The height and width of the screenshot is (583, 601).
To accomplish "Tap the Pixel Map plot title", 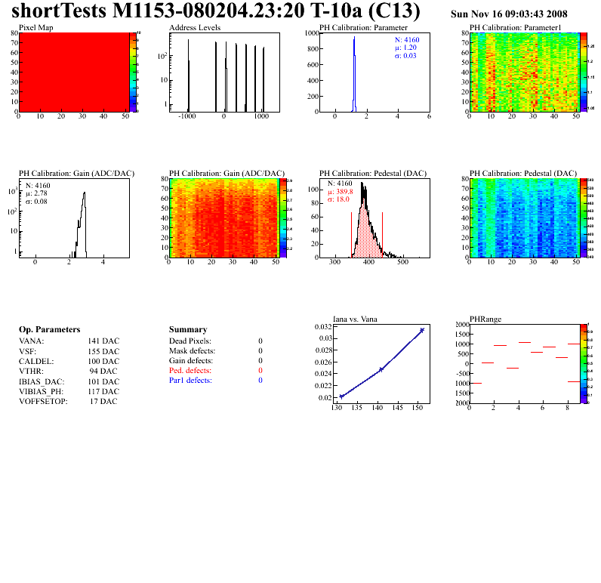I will (x=35, y=27).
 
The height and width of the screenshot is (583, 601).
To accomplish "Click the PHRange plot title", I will (x=485, y=319).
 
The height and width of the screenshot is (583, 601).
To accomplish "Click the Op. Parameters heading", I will (x=49, y=330).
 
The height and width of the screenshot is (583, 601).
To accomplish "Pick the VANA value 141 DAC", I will (x=103, y=341).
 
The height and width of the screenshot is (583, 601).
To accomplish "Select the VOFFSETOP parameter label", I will (x=43, y=401).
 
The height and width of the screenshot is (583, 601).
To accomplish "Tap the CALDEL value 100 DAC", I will (x=103, y=361).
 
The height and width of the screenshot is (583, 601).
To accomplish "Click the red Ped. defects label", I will (x=190, y=371).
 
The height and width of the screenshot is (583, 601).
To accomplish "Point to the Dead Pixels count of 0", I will (x=260, y=341).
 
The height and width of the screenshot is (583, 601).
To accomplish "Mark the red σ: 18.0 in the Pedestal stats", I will (x=341, y=199).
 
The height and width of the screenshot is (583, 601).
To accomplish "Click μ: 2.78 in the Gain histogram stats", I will (x=40, y=193).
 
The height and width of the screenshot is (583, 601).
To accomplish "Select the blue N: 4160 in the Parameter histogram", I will (x=407, y=39).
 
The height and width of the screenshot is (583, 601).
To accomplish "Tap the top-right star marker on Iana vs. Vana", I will (x=422, y=330).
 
